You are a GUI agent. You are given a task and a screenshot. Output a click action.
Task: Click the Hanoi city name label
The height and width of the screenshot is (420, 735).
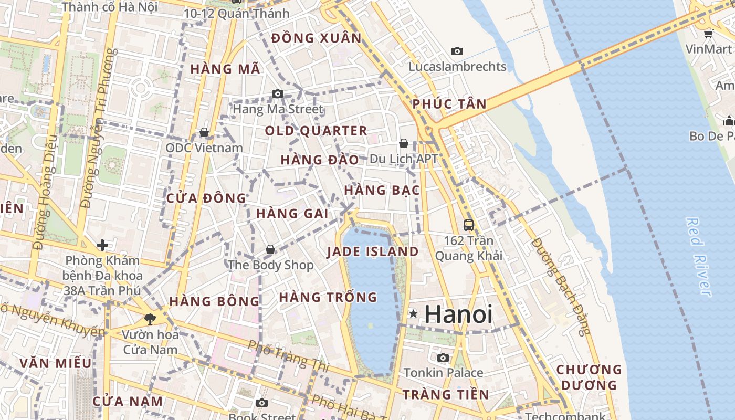pos(458,314)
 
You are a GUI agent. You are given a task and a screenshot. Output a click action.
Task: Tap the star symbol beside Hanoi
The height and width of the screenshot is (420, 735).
pos(414,314)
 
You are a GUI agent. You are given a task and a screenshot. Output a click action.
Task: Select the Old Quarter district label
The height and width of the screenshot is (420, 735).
pos(316,131)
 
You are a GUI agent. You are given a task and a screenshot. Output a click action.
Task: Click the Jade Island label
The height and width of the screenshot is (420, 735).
pos(373,251)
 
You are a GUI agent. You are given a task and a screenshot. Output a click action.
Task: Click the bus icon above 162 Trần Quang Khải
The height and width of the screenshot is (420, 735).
pos(469,225)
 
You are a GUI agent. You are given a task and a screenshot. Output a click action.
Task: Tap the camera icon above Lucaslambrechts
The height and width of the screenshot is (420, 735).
pos(457,51)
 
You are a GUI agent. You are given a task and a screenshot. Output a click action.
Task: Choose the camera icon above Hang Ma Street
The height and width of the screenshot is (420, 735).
pos(278,94)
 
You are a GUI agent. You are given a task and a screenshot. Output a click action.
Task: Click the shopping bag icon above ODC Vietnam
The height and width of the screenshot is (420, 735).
pos(204,132)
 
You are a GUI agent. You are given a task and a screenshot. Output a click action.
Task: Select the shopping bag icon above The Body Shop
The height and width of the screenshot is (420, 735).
pos(270,249)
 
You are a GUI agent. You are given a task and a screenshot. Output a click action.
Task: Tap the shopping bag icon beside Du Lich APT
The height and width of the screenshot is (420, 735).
pos(404,143)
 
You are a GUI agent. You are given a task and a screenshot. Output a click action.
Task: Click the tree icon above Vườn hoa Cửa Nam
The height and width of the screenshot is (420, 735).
pos(150,319)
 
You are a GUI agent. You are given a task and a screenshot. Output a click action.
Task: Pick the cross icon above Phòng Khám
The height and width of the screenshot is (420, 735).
pos(102,245)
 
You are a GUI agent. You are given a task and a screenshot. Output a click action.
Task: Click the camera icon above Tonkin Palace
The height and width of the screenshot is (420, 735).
pos(443,358)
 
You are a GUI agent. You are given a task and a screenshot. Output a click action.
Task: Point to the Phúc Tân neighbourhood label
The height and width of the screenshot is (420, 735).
pos(449,104)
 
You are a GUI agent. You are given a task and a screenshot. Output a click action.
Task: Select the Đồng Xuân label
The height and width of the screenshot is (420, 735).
pos(317,38)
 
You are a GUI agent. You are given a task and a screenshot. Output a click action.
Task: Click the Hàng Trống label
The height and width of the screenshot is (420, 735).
pos(328,297)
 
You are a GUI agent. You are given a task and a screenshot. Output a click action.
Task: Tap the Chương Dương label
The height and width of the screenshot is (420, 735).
pos(589,377)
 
